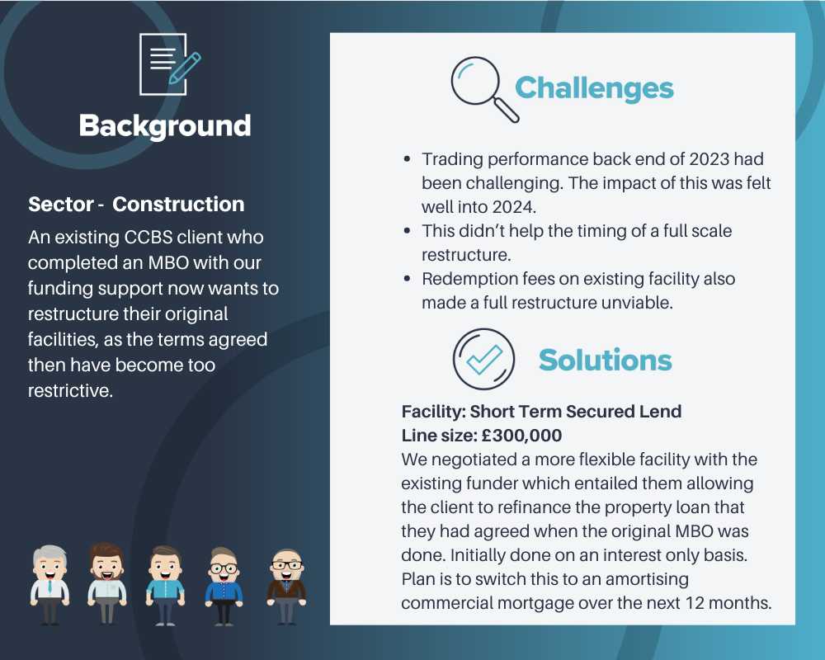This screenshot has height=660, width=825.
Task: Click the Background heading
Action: pyautogui.click(x=165, y=125)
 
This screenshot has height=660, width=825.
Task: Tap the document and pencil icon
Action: pyautogui.click(x=169, y=64)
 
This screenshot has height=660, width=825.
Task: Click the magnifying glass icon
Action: pyautogui.click(x=484, y=89)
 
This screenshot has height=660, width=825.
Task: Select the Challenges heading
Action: pyautogui.click(x=594, y=88)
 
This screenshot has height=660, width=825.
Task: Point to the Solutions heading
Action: pyautogui.click(x=605, y=360)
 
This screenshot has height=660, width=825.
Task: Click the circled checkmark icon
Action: pyautogui.click(x=483, y=359)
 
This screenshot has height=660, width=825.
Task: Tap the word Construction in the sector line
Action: pyautogui.click(x=178, y=205)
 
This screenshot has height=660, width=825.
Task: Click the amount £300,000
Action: pyautogui.click(x=521, y=436)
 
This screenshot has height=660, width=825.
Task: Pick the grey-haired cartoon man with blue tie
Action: pyautogui.click(x=49, y=585)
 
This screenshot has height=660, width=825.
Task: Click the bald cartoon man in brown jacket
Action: pyautogui.click(x=286, y=587)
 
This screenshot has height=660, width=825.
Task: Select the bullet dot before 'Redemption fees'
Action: pyautogui.click(x=407, y=279)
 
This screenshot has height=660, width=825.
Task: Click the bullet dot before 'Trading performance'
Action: pyautogui.click(x=407, y=159)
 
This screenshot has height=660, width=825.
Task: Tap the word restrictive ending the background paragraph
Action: pyautogui.click(x=70, y=390)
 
